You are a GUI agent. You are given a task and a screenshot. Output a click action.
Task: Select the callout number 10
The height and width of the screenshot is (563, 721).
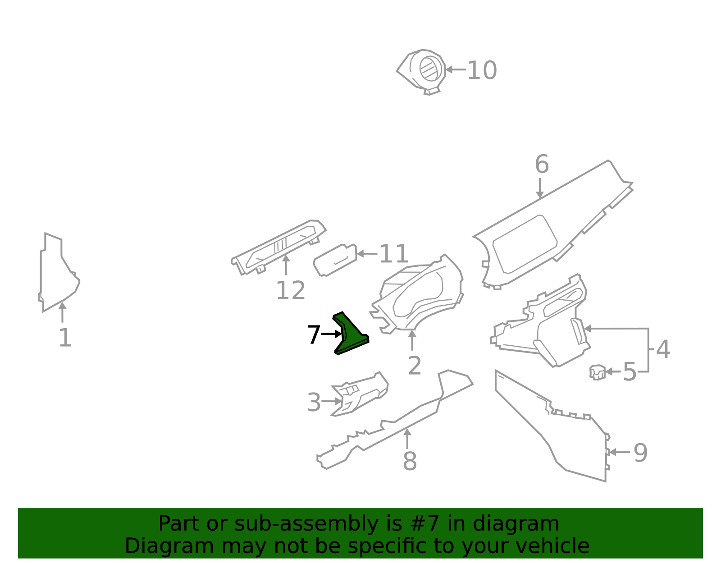pos(482,71)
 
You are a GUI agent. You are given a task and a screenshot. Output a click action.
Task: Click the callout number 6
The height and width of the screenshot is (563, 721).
pos(542,165)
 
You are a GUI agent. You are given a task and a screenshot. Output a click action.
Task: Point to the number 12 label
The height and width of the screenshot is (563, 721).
pos(290,291)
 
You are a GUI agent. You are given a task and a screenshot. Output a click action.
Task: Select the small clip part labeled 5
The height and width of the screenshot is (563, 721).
pos(597,372)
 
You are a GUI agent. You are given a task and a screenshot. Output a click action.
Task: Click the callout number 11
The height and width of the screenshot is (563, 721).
pos(394,254)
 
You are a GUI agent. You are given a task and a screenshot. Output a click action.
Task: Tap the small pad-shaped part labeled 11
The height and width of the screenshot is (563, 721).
pos(335,260)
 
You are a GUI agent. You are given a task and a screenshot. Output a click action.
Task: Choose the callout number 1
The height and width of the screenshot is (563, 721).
pos(65,338)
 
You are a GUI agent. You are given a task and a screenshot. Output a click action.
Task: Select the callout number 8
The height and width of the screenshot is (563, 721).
pos(410,462)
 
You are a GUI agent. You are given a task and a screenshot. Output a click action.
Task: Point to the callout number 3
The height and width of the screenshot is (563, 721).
pos(314,402)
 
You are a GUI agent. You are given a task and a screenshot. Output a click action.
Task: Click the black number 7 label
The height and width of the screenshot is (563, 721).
pos(314,335)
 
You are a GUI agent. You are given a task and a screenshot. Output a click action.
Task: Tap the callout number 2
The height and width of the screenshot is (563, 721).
pos(414,366)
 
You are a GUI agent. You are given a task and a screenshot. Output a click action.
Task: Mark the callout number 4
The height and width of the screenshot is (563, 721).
pos(663,350)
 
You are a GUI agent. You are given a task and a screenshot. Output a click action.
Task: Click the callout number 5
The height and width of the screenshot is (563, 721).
pos(630,372)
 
